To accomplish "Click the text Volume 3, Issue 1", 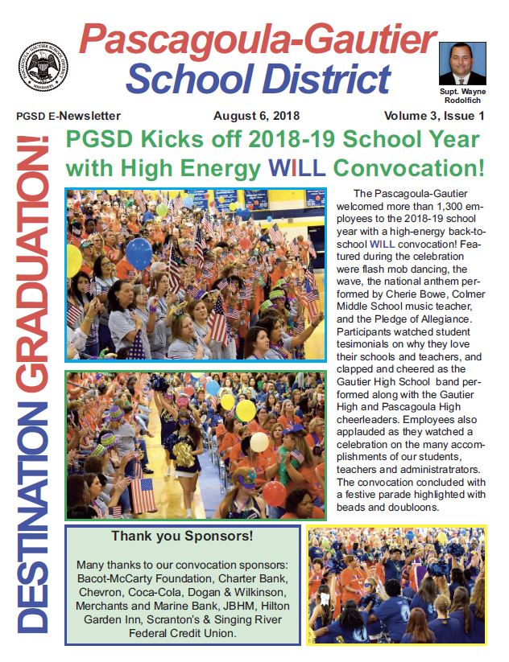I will [x=439, y=116].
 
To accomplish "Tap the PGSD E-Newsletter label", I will [x=68, y=116].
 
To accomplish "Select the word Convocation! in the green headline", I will [x=409, y=169].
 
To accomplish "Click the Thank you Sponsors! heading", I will [x=182, y=536].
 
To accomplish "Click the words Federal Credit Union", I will [x=181, y=633].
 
